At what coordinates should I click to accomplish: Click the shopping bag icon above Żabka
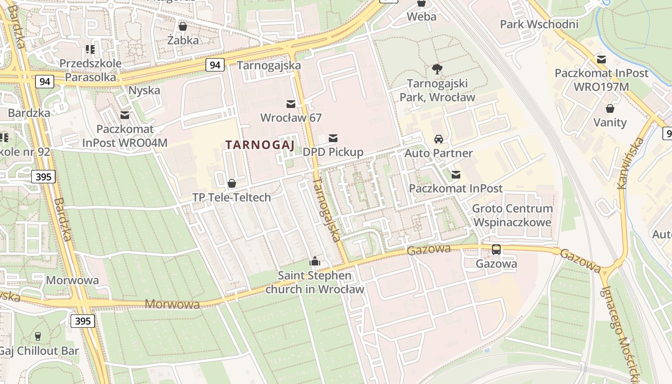pos(182,26)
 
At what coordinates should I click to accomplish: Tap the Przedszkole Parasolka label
pos(91,70)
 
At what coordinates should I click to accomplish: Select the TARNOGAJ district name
pos(259,144)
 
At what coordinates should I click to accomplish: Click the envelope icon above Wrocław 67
pos(291,104)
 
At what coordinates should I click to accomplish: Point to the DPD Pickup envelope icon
pos(333,139)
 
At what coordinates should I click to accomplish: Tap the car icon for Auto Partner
pos(439,139)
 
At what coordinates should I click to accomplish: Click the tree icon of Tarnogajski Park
pos(437,70)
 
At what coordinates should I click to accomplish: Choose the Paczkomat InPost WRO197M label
pos(601,80)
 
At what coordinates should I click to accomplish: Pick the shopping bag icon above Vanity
pos(610,108)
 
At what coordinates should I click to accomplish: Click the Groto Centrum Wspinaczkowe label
pos(512,216)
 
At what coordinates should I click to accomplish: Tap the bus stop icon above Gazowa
pos(496,250)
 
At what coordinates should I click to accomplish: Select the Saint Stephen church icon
pos(315,261)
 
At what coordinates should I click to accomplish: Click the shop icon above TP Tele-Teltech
pos(232,183)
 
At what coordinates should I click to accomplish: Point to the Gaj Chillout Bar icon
pos(38,336)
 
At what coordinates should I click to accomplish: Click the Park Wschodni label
pos(539,24)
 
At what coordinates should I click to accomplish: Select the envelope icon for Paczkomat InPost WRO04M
pos(125,115)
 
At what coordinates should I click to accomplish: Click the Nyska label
pos(144,90)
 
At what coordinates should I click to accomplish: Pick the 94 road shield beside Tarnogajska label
pos(216,65)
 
